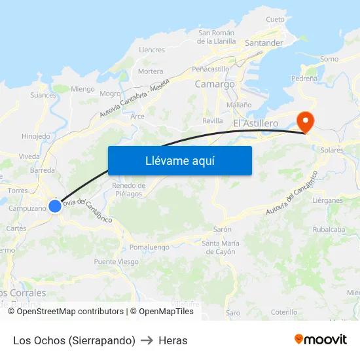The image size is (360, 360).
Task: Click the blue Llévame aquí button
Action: click(x=179, y=160)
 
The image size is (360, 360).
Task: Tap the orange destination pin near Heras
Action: click(x=305, y=122)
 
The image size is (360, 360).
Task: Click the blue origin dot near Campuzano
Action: click(x=55, y=206)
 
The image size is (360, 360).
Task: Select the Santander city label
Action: click(x=263, y=43)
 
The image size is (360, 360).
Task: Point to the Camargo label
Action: click(x=215, y=84)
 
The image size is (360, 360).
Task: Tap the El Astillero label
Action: click(x=256, y=122)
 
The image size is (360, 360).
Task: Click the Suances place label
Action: click(x=43, y=95)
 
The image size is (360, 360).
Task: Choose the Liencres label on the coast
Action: click(x=152, y=50)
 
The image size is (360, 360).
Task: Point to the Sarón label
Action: click(x=223, y=230)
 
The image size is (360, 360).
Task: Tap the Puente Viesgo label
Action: click(x=116, y=262)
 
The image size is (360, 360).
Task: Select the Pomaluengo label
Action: click(x=149, y=247)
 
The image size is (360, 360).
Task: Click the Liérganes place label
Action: click(x=327, y=200)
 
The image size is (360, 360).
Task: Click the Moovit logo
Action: click(x=321, y=340)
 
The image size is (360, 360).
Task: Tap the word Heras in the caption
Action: click(x=173, y=340)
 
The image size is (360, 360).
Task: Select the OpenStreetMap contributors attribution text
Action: click(x=70, y=312)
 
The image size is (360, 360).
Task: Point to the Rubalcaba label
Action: click(x=329, y=230)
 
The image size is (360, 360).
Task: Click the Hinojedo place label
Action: click(x=36, y=136)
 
